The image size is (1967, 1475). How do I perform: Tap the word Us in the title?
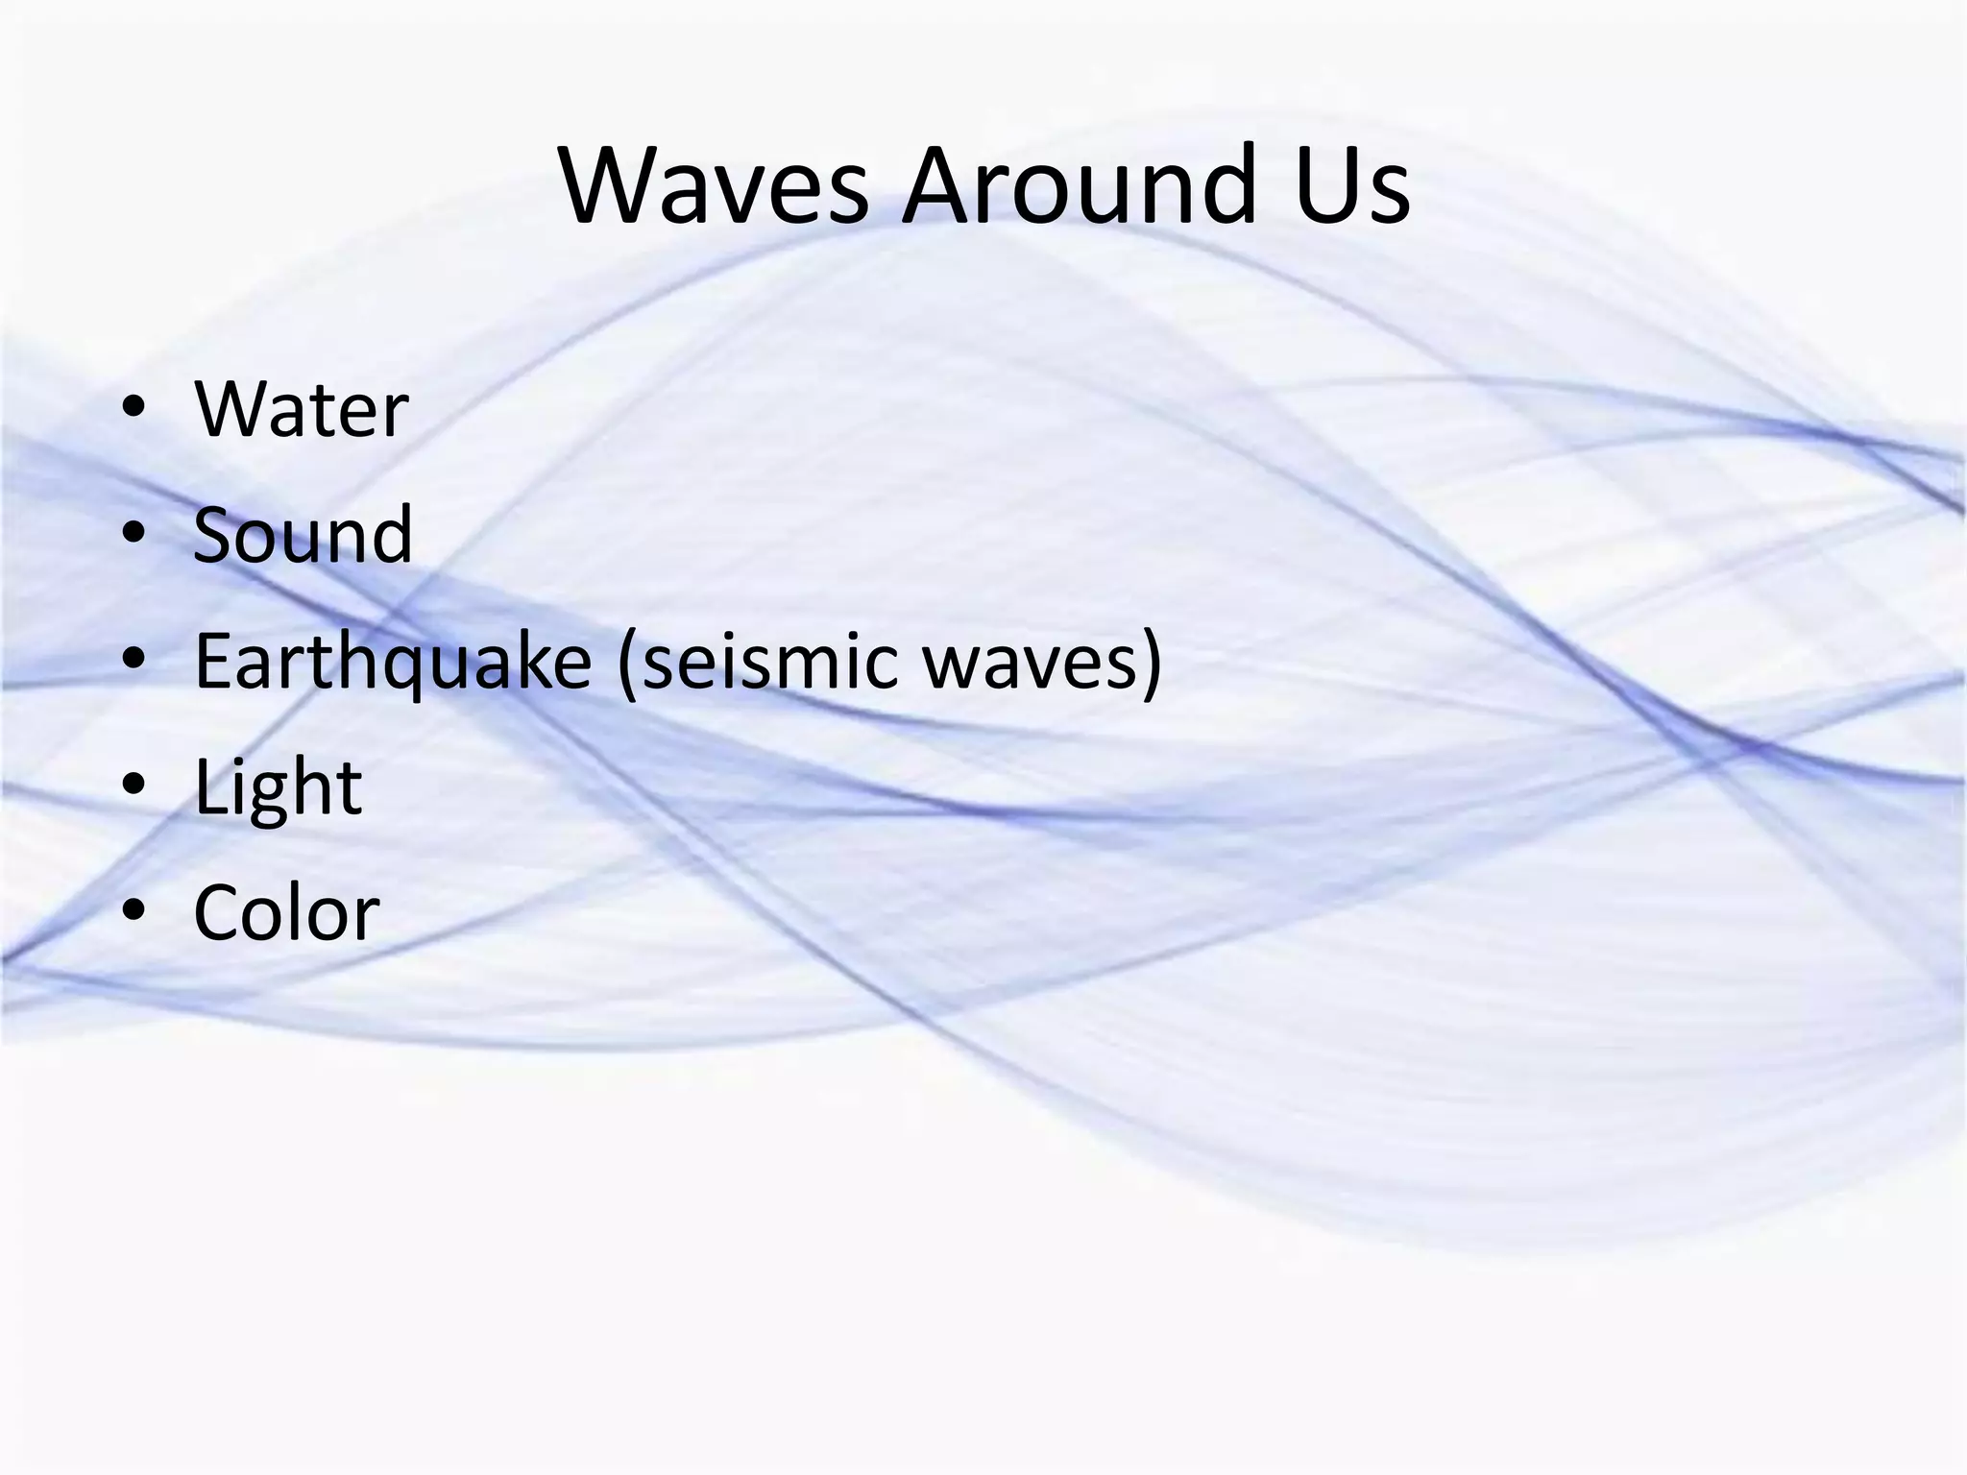point(1351,184)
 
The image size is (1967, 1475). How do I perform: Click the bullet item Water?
point(302,410)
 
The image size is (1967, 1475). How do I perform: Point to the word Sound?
point(304,535)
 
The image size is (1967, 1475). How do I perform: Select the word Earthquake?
point(393,663)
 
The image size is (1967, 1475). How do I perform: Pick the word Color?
point(286,912)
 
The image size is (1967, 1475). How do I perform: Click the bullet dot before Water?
point(134,410)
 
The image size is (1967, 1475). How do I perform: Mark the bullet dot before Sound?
point(134,535)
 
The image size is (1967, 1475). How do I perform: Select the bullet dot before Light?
point(134,786)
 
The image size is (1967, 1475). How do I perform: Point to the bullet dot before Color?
point(134,912)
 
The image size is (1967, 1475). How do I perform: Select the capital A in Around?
point(936,184)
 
